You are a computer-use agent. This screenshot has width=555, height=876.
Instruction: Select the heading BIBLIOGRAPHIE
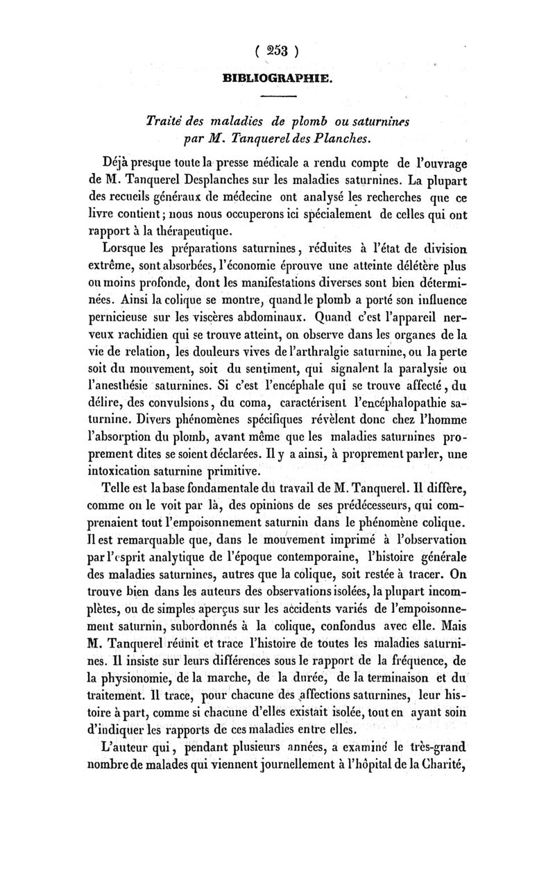[277, 80]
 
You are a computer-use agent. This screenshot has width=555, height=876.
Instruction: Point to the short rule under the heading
[277, 96]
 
